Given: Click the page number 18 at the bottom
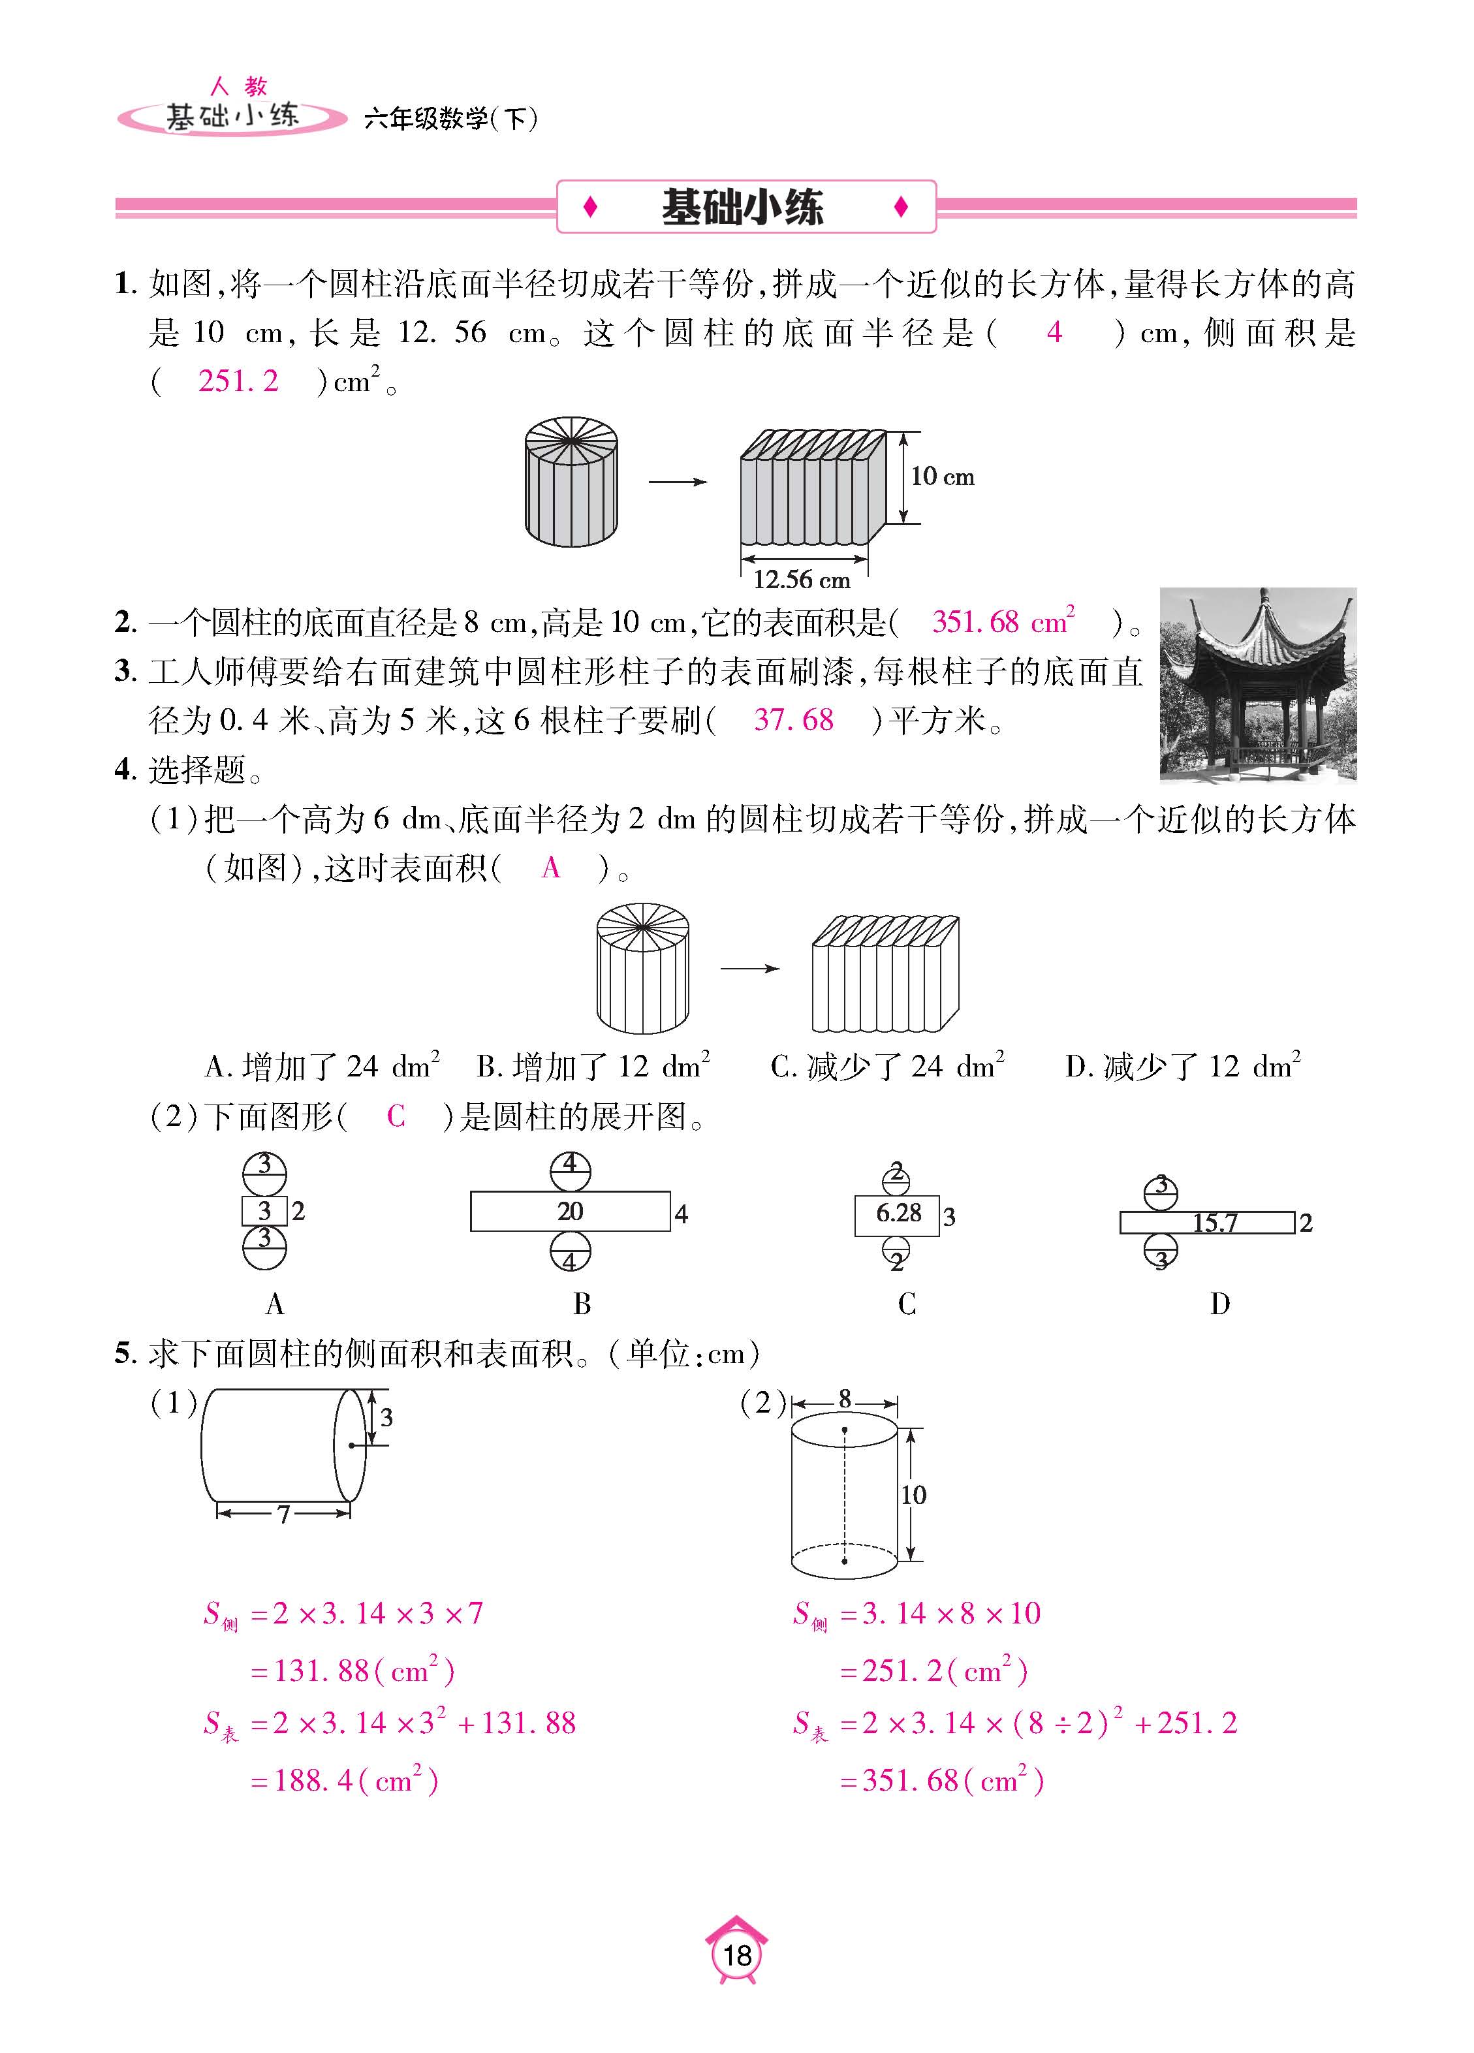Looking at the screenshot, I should pos(737,1955).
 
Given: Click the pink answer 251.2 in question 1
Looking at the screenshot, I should pos(238,381).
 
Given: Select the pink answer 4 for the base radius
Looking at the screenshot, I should pos(1053,332).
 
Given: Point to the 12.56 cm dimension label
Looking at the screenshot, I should pos(801,579).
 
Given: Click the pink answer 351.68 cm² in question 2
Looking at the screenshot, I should pos(1002,622).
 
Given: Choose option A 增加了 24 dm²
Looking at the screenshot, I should pos(322,1067).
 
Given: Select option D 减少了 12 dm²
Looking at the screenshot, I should pos(1182,1067).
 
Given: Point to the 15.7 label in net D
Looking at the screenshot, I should pos(1214,1223).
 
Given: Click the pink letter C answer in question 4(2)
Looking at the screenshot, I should pos(396,1116).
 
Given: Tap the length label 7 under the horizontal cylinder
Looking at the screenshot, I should pos(283,1514).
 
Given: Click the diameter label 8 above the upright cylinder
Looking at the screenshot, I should pos(845,1398).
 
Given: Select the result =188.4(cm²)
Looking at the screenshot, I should pos(344,1781).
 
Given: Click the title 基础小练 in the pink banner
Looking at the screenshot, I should pos(742,208).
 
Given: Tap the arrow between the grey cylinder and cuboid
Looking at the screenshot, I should pos(677,482).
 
